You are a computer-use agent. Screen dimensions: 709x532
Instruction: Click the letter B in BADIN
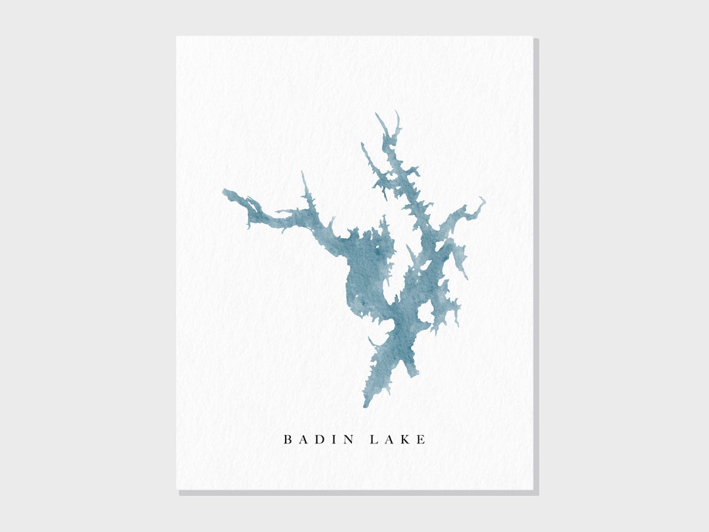tap(288, 440)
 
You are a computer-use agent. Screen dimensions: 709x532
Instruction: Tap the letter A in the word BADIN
tap(304, 440)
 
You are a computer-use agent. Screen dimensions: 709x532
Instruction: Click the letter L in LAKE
tap(374, 440)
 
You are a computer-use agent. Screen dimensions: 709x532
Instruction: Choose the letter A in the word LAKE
tap(389, 440)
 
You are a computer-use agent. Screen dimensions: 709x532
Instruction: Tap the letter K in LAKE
tap(406, 440)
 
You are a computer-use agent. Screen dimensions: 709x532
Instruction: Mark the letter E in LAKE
tap(421, 440)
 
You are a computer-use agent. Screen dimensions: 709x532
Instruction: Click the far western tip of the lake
tap(224, 191)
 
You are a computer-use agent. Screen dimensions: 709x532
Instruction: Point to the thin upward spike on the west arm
tap(303, 173)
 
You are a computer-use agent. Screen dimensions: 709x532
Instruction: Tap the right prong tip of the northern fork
tap(397, 113)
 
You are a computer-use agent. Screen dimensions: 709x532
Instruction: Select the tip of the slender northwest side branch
tap(362, 144)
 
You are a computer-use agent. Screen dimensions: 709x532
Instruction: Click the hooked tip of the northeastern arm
tap(484, 198)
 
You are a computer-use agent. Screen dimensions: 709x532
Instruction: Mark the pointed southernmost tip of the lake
tap(366, 407)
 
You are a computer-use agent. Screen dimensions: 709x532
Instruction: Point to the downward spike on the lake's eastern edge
tap(465, 276)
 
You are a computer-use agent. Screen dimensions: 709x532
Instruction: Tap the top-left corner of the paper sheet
tap(177, 36)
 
